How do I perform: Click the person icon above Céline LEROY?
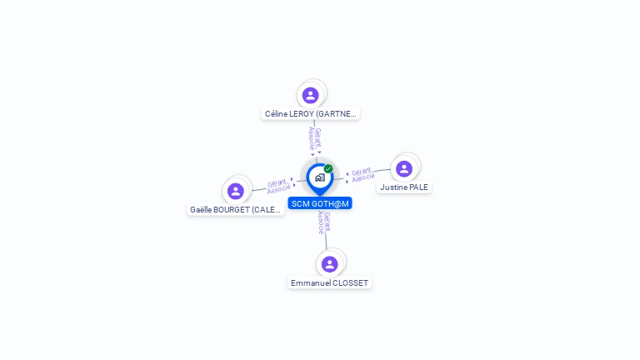pyautogui.click(x=311, y=96)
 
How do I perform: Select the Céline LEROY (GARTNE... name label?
pyautogui.click(x=311, y=114)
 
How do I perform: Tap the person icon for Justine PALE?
pyautogui.click(x=404, y=169)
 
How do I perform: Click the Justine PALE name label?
pyautogui.click(x=404, y=187)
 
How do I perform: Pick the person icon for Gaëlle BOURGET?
pyautogui.click(x=236, y=192)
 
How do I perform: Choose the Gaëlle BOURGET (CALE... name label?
pyautogui.click(x=236, y=210)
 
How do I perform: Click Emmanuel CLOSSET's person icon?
pyautogui.click(x=330, y=264)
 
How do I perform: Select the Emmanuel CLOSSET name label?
pyautogui.click(x=330, y=283)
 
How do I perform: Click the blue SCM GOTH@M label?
pyautogui.click(x=320, y=203)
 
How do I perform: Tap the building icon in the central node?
pyautogui.click(x=319, y=177)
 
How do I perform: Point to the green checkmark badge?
pyautogui.click(x=328, y=169)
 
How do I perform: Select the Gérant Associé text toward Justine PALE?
pyautogui.click(x=362, y=175)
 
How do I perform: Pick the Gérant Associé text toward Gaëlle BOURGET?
pyautogui.click(x=277, y=186)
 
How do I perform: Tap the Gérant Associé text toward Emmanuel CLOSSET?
pyautogui.click(x=324, y=222)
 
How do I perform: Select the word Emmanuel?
pyautogui.click(x=308, y=283)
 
